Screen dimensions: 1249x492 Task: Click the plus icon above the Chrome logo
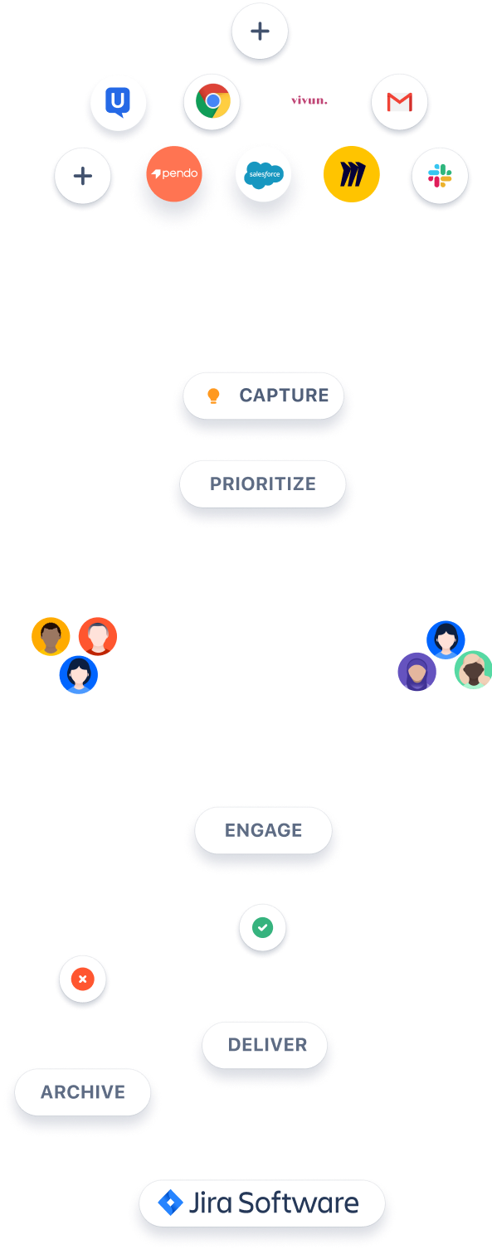pos(260,32)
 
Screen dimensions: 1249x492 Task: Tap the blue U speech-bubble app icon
pos(118,103)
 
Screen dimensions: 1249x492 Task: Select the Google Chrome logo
pos(212,102)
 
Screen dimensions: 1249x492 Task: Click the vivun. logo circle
pos(309,100)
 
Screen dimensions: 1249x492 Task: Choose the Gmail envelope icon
pos(399,102)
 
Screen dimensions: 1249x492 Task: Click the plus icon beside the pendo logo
pos(82,176)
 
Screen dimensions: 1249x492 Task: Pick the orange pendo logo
pos(174,174)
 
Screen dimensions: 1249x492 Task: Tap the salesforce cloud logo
pos(263,175)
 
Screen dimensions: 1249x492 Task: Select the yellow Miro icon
pos(352,174)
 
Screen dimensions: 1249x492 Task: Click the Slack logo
pos(440,175)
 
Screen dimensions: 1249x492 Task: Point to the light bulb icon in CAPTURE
pos(213,396)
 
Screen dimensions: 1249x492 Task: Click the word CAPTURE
pos(284,396)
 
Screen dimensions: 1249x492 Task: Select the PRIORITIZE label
pos(262,484)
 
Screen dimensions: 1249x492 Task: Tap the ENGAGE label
pos(263,830)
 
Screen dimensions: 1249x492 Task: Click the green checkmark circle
pos(263,927)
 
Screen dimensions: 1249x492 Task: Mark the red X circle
pos(83,979)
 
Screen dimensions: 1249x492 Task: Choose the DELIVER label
pos(267,1045)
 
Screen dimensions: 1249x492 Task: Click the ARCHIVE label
pos(83,1092)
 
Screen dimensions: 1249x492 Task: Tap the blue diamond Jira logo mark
pos(170,1203)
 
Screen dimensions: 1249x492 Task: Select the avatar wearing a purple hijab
pos(416,671)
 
